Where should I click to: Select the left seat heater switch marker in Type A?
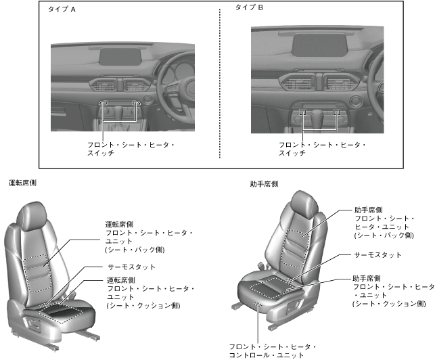104,104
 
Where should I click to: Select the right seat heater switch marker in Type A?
138,104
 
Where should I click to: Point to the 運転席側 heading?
22,183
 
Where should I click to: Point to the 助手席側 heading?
263,184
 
